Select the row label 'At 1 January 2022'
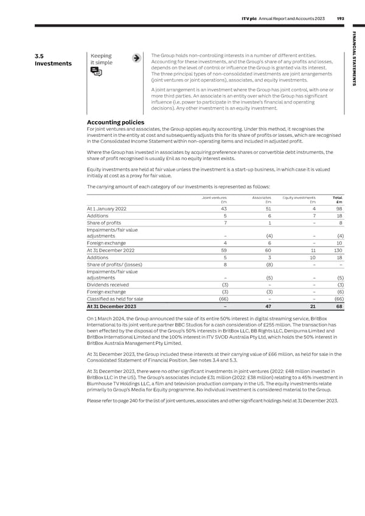(x=107, y=209)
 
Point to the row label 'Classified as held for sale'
(x=116, y=299)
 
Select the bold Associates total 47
(x=268, y=307)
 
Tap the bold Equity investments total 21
(x=312, y=307)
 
